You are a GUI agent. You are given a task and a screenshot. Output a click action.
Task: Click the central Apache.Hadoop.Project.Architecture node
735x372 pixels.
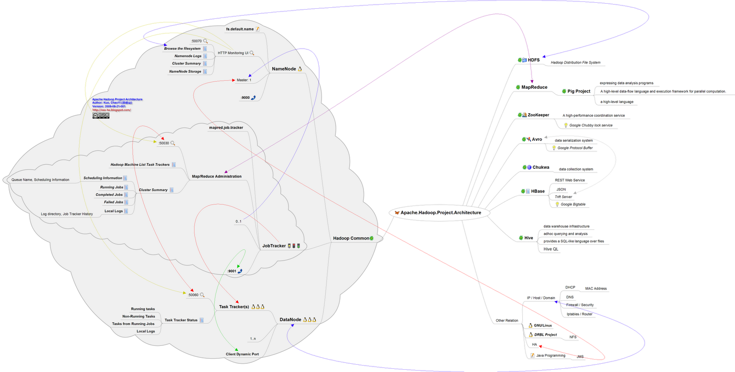[x=440, y=212]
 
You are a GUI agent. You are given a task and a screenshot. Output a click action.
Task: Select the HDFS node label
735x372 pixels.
[x=533, y=60]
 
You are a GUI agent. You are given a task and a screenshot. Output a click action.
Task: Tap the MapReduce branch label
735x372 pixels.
[x=534, y=87]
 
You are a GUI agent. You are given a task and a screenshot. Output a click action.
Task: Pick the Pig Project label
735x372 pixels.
[x=578, y=91]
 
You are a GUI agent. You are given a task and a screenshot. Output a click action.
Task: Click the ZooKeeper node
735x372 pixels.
[x=538, y=115]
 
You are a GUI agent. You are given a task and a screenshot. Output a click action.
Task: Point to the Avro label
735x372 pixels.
[x=537, y=139]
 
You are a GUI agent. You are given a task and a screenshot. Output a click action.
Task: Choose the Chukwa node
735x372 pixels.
[x=541, y=167]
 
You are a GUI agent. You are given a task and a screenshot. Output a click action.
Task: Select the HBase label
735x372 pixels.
[x=537, y=191]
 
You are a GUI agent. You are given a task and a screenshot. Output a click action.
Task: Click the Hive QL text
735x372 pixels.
[x=551, y=249]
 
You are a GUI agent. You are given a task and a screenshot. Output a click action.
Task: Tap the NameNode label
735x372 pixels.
[x=283, y=69]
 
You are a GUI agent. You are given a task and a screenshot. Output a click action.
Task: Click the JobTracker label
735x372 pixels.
[x=274, y=246]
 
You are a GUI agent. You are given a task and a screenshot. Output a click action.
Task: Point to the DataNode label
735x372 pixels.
[x=290, y=320]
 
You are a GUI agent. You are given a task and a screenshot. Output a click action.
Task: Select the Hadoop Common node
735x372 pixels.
[x=351, y=238]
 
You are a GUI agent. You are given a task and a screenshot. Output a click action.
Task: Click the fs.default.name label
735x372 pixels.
[x=239, y=29]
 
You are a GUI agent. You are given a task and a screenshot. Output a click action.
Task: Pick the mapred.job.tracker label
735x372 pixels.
[x=226, y=127]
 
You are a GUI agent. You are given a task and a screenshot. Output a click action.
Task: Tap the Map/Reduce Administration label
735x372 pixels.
[x=216, y=176]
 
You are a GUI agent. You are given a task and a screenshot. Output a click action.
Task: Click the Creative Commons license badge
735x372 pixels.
[x=101, y=115]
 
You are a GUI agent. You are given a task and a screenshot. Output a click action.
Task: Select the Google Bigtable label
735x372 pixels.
[x=573, y=204]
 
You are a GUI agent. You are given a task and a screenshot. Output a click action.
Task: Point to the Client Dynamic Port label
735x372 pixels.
[x=242, y=354]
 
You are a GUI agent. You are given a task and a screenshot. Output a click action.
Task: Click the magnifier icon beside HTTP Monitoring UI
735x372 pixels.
[x=252, y=53]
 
